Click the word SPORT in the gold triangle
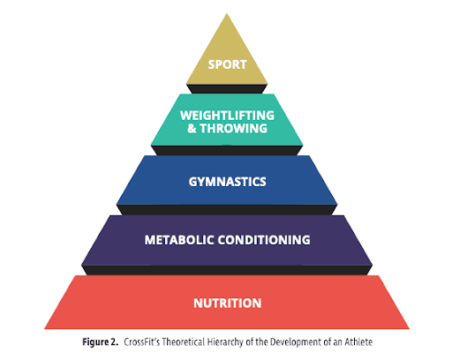tap(227, 64)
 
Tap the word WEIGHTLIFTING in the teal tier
tap(227, 116)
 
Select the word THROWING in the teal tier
tap(234, 129)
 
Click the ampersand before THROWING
tap(192, 129)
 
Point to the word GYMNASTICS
tap(228, 182)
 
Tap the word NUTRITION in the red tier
tap(228, 304)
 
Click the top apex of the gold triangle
tap(227, 13)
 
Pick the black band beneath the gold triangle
tap(227, 89)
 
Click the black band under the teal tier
tap(227, 150)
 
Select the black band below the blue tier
tap(227, 210)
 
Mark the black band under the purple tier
tap(227, 270)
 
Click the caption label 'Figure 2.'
tap(101, 342)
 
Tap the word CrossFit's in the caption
tap(142, 341)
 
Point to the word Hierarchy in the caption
tap(226, 342)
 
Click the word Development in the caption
tap(295, 342)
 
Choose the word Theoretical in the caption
tap(184, 341)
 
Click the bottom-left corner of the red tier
tap(44, 328)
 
